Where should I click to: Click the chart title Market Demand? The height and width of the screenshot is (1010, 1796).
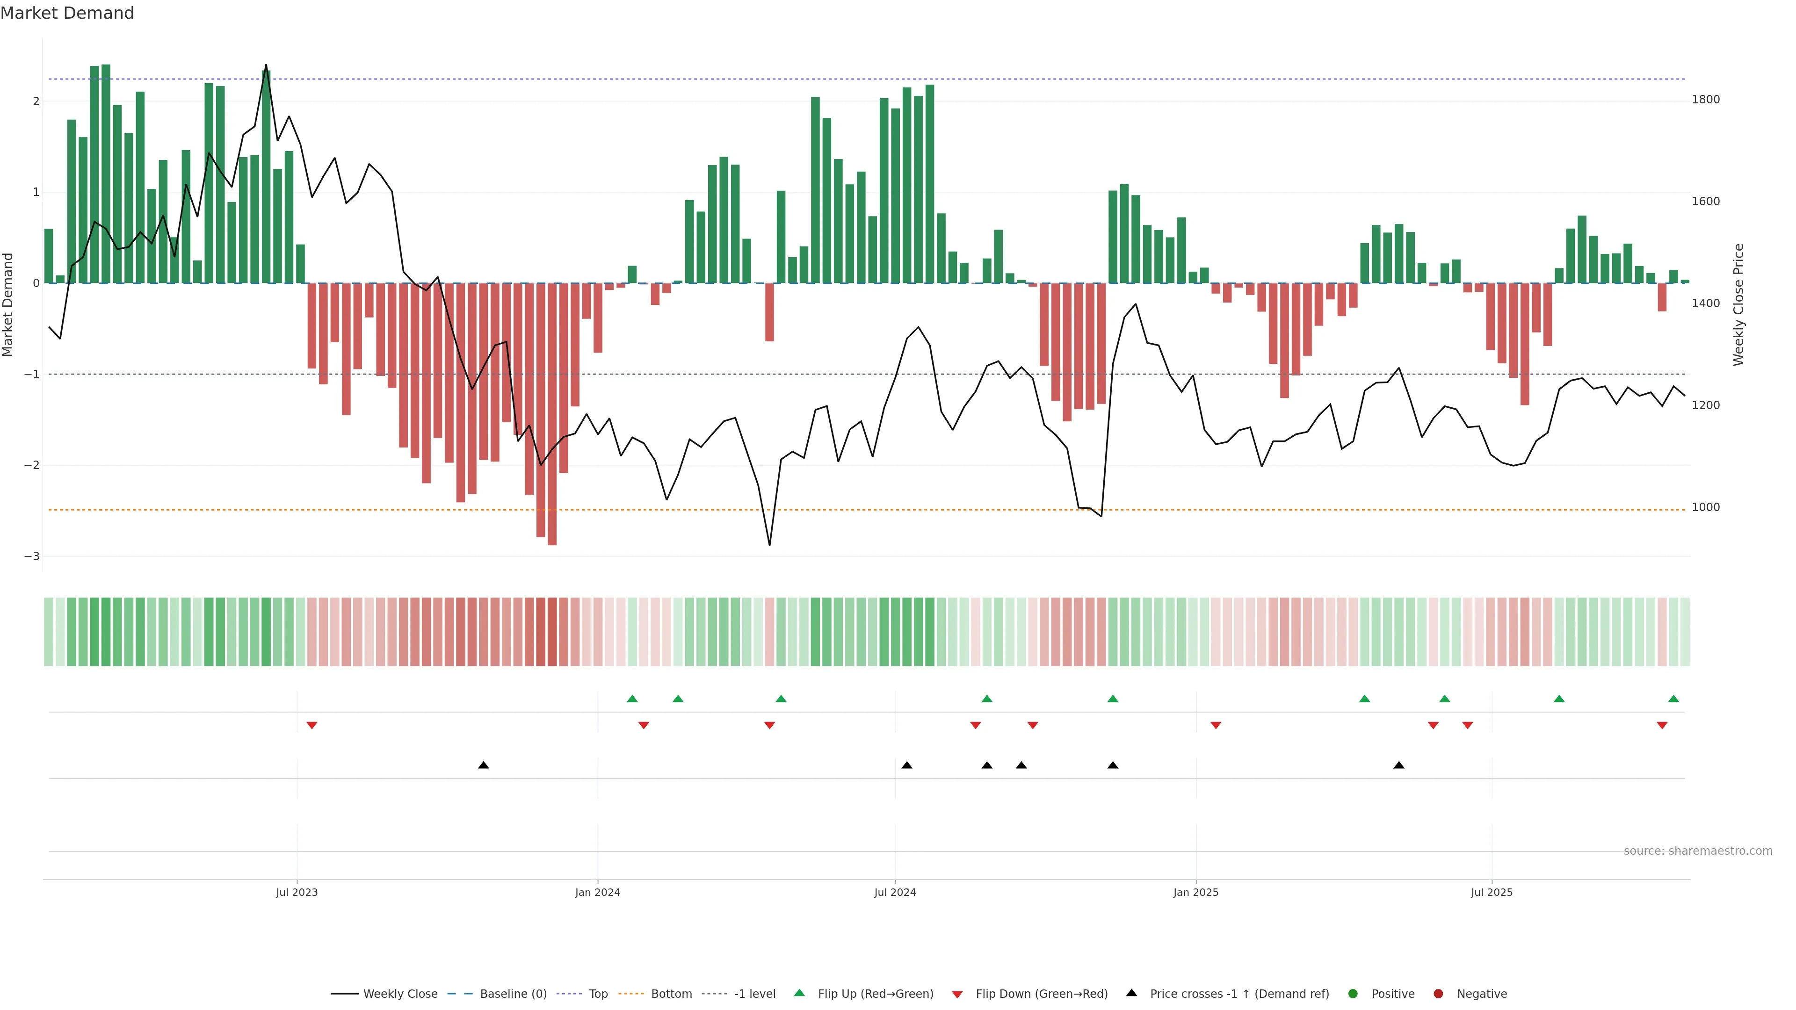[67, 13]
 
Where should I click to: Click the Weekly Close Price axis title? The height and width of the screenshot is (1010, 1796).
[1738, 304]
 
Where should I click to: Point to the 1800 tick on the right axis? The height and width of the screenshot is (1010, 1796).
[1705, 100]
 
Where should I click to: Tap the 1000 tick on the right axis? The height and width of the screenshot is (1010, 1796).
[1705, 507]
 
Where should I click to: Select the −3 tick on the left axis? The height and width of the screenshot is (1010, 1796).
[31, 556]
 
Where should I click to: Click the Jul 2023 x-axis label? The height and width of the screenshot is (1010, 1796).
[297, 892]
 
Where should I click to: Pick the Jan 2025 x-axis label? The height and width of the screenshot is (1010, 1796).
[1196, 892]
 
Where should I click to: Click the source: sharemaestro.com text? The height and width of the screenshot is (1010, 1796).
[1698, 851]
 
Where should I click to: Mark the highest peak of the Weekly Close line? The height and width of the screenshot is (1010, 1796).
[266, 65]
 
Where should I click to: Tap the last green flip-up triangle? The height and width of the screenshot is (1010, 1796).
[1673, 699]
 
